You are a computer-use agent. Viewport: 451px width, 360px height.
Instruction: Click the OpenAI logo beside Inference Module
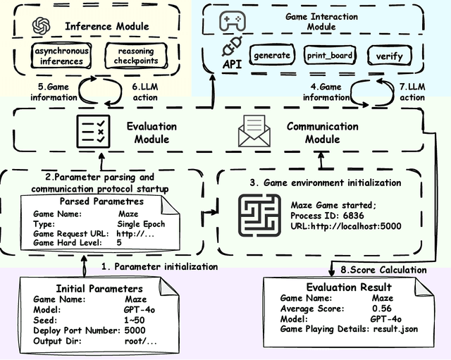tap(39, 27)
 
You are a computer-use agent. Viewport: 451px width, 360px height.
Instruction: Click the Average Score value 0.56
tap(381, 308)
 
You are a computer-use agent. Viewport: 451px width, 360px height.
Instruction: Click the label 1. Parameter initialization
tap(158, 267)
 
